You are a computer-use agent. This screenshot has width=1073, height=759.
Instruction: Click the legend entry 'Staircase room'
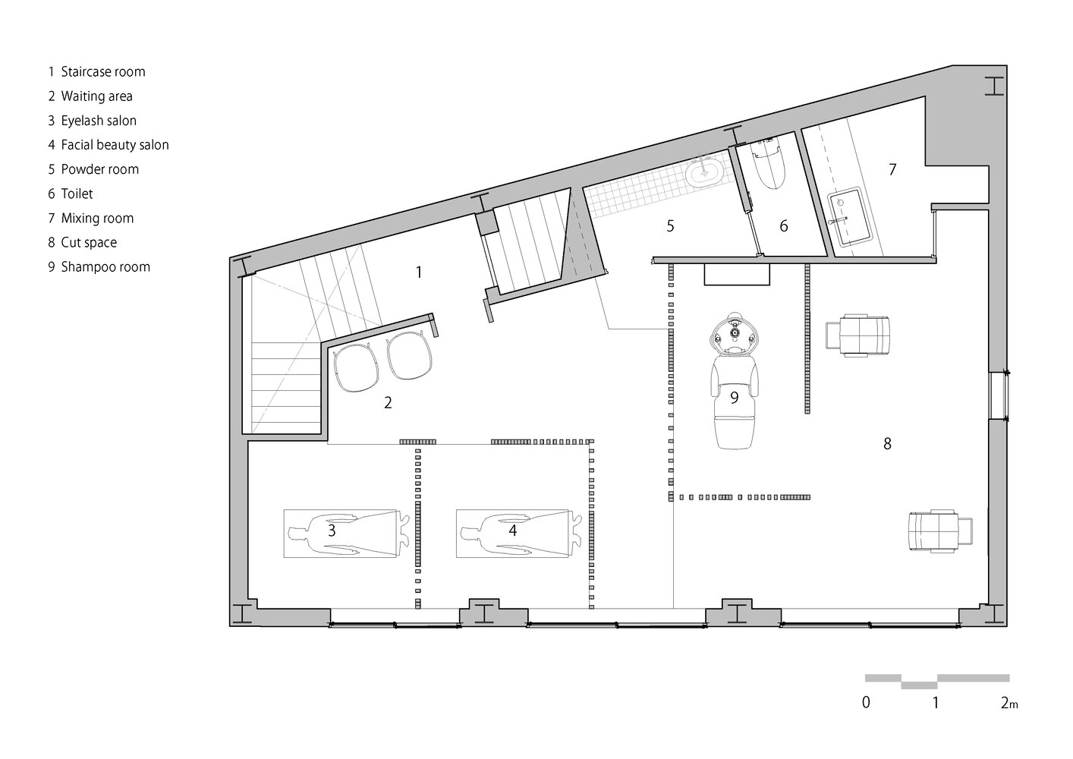point(103,72)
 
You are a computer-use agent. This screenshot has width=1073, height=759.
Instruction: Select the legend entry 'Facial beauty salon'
point(115,145)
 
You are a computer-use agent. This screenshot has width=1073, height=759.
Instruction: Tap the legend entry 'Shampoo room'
point(105,267)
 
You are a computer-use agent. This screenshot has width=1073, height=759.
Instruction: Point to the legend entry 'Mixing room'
point(97,218)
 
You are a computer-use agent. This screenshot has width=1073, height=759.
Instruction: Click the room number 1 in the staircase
point(419,272)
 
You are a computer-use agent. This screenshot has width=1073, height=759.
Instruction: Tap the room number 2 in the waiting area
point(388,402)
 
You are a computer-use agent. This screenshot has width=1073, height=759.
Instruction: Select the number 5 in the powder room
point(671,225)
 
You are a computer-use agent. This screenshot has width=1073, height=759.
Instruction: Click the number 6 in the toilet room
point(784,225)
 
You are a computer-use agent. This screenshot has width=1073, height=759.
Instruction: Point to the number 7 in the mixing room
point(892,169)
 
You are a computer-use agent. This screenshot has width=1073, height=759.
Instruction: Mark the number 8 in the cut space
point(888,444)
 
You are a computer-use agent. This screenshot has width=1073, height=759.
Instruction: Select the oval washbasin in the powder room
point(703,172)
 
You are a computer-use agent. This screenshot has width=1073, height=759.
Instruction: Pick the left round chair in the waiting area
point(355,368)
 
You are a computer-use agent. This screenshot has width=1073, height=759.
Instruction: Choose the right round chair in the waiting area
point(410,355)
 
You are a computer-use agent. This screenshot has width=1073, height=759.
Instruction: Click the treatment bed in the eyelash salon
point(341,534)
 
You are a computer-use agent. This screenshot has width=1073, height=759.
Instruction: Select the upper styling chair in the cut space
point(857,335)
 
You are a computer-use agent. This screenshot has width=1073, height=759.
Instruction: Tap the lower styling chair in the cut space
point(941,532)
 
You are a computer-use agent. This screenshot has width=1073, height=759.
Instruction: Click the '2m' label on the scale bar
point(1009,703)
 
